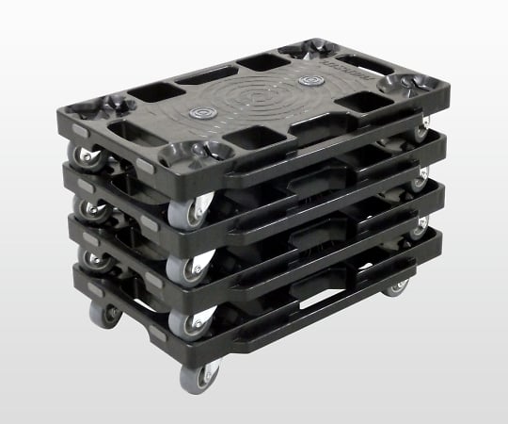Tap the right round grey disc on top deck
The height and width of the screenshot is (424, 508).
[x=309, y=82]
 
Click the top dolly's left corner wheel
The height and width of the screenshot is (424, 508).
[x=87, y=156]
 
